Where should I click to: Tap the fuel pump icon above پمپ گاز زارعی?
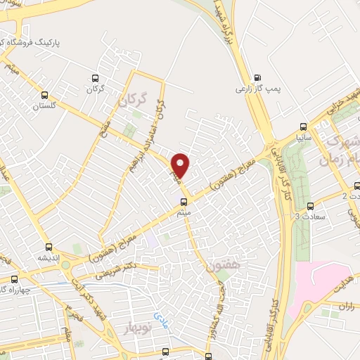(257, 78)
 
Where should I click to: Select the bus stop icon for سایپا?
(303, 127)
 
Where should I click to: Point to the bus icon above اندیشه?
(49, 247)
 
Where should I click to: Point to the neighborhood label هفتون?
(224, 267)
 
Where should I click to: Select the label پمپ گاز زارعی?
(253, 90)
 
